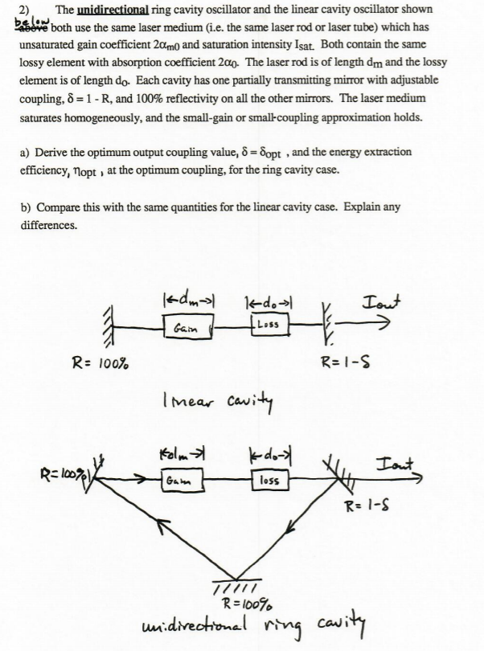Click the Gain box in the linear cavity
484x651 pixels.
tap(187, 326)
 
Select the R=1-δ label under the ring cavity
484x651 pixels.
tap(368, 506)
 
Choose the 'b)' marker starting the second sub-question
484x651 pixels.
tap(25, 207)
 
